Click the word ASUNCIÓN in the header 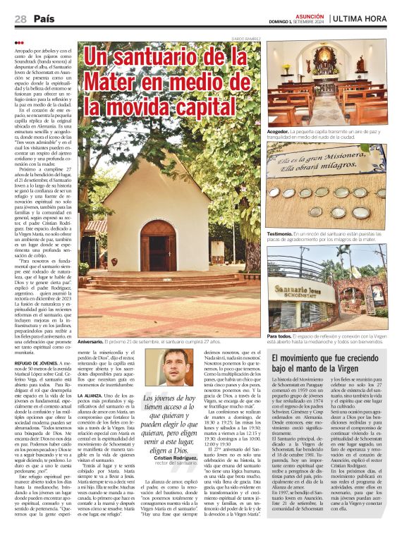point(311,14)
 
